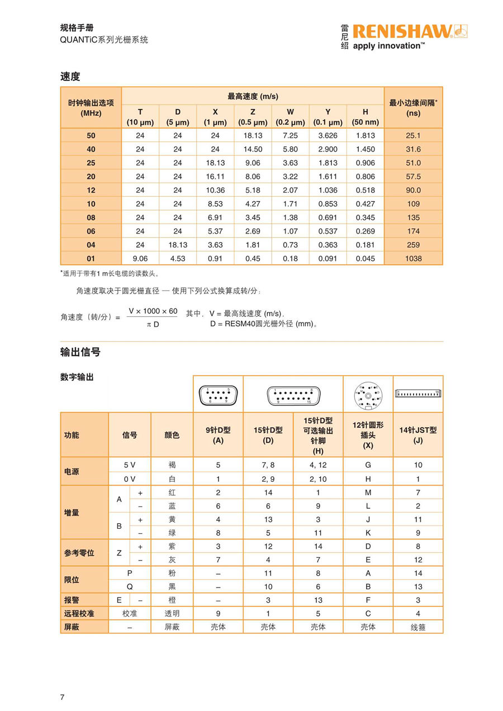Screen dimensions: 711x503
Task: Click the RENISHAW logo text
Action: coord(401,31)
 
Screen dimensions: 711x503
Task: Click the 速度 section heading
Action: coord(70,77)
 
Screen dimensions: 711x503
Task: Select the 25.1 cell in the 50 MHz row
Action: coord(414,136)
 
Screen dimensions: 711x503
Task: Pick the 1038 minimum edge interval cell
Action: coord(414,259)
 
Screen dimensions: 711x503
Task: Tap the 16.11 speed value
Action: coord(215,177)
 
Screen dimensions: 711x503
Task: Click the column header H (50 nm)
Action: coord(365,117)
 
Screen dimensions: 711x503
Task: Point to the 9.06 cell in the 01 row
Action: coord(140,259)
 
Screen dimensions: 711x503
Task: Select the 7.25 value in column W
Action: coord(290,136)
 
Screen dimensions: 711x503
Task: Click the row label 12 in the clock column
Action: coord(91,191)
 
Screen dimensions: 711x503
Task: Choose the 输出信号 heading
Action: coord(80,352)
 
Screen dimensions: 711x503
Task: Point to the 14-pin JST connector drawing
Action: coord(417,394)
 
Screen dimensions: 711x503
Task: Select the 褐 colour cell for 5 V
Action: coord(172,465)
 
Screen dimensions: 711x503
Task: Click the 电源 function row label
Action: coord(72,472)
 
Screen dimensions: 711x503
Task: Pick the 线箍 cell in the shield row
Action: coord(417,627)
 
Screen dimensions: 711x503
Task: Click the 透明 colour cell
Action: coord(172,613)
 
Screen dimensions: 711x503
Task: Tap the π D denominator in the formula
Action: coord(152,324)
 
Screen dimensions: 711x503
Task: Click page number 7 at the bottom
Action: coord(62,696)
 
